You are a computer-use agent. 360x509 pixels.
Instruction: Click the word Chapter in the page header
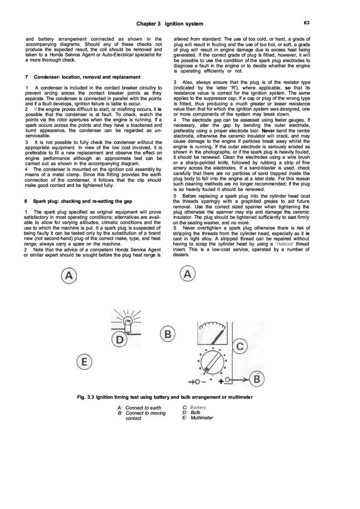coord(148,23)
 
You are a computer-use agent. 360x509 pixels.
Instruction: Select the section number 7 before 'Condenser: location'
coord(28,76)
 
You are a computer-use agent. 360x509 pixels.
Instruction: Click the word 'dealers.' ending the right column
coord(182,254)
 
